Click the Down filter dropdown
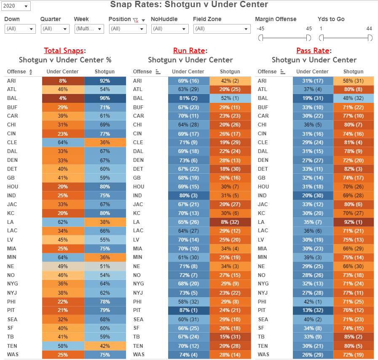click(x=20, y=29)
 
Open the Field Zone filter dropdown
click(x=222, y=29)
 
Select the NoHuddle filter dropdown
click(x=170, y=29)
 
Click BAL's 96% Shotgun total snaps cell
click(x=105, y=98)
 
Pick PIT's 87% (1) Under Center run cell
click(x=188, y=310)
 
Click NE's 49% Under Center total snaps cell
click(x=63, y=266)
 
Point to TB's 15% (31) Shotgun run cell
click(x=229, y=337)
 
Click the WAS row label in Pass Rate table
click(x=263, y=355)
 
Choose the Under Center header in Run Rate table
click(x=188, y=72)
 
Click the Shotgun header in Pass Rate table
click(x=353, y=72)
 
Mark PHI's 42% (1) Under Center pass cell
click(x=312, y=301)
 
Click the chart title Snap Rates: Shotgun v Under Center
click(x=189, y=5)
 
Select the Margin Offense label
click(x=276, y=19)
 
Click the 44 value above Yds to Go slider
click(x=369, y=29)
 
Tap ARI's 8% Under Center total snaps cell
click(x=63, y=81)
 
